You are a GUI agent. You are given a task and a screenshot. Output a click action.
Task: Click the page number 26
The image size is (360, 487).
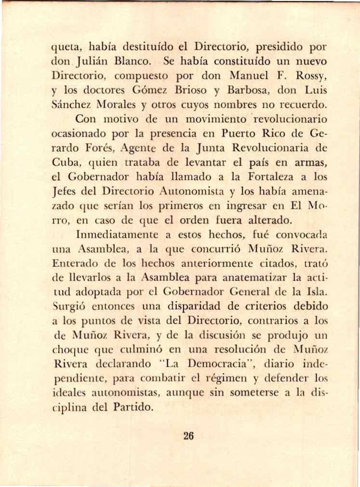click(x=188, y=436)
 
